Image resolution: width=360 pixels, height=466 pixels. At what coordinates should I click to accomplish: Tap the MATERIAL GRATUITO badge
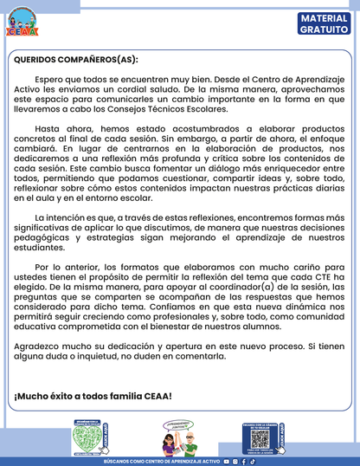pos(325,23)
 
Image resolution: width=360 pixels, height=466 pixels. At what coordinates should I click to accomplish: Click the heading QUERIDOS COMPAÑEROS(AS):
pos(76,61)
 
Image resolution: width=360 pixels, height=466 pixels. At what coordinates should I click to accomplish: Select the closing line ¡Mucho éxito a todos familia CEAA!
pos(93,396)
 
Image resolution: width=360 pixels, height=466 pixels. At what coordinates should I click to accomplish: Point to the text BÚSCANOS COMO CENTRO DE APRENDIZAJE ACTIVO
pos(161,462)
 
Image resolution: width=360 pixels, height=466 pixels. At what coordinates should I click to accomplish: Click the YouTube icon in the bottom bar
pos(227,462)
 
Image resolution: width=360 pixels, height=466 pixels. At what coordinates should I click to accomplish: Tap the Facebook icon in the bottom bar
pos(243,462)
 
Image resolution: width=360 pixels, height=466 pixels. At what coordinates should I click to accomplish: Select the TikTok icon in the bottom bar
pos(251,462)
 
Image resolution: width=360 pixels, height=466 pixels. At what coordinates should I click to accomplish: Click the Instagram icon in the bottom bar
pos(235,462)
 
